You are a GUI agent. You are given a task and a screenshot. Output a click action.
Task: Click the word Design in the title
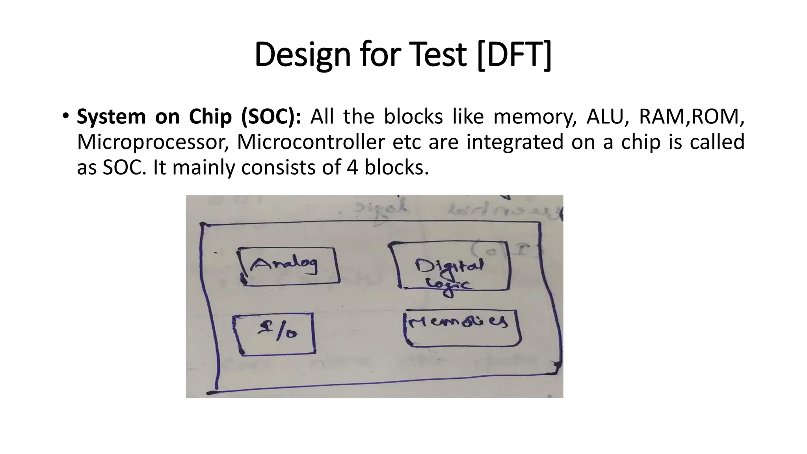(302, 55)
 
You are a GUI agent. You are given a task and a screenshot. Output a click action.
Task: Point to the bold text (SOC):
(271, 117)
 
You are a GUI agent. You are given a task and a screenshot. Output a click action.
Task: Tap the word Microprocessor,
(153, 142)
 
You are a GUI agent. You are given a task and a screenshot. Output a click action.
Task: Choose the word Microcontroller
(311, 142)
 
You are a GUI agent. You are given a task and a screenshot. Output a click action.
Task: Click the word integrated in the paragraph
(515, 142)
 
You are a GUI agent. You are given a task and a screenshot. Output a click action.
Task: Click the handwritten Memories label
(458, 323)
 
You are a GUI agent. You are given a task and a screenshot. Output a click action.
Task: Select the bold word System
(111, 117)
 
